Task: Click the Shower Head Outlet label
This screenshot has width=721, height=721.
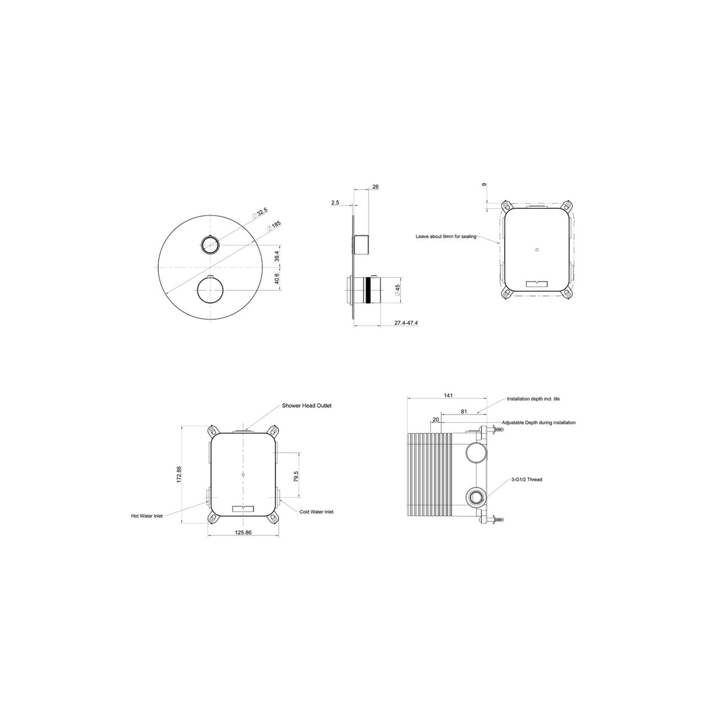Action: coord(307,406)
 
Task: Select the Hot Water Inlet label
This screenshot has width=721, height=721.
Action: coord(147,516)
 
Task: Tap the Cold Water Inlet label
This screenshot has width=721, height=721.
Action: coord(317,512)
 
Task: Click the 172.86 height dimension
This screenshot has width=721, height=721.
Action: coord(179,474)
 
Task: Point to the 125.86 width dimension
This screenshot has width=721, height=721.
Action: coord(243,533)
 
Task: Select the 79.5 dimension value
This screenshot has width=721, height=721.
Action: coord(296,477)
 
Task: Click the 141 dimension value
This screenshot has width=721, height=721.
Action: coord(449,396)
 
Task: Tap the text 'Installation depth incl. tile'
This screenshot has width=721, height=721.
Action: coord(533,399)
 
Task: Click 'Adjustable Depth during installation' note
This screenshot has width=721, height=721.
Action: coord(539,423)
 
